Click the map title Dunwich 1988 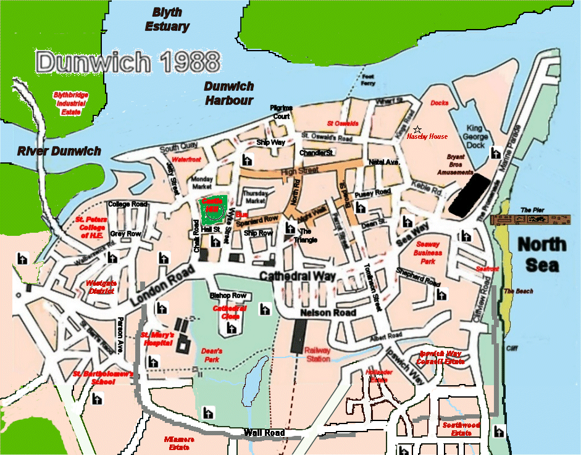coord(128,62)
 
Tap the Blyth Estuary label coord(167,19)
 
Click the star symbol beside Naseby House coord(417,129)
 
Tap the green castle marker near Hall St coord(212,211)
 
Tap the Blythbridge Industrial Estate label coord(70,103)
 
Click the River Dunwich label coord(59,151)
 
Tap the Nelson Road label coord(328,313)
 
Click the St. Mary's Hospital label coord(159,338)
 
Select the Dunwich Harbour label coord(229,93)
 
